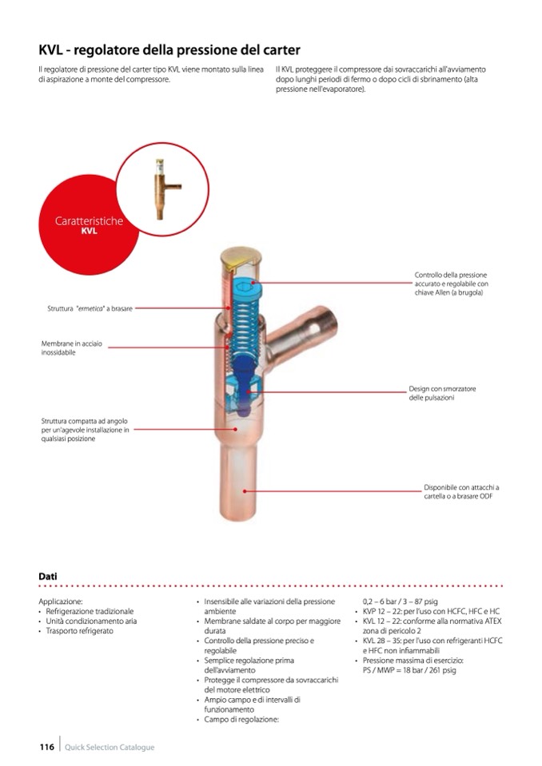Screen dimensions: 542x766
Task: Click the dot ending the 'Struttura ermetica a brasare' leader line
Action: (x=229, y=309)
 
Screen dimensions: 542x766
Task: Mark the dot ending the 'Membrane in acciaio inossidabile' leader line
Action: (x=228, y=347)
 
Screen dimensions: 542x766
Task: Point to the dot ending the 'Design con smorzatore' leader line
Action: (x=249, y=392)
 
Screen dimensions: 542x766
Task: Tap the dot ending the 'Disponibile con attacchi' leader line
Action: (x=245, y=491)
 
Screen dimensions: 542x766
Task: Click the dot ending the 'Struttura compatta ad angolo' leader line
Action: (x=236, y=430)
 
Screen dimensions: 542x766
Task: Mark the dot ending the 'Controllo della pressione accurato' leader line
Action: (x=253, y=283)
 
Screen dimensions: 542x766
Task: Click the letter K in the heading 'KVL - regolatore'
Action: (x=43, y=50)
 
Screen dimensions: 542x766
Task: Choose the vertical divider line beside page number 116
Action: (x=60, y=744)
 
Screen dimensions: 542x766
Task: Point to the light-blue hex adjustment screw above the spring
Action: (x=248, y=288)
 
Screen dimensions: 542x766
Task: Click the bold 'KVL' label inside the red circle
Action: (x=89, y=232)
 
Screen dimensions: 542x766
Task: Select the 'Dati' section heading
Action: (x=48, y=577)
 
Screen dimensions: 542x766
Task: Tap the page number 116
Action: (x=47, y=747)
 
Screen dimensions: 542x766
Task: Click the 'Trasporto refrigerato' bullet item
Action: (x=80, y=631)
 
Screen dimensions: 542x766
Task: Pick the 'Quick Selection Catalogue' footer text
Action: (x=110, y=747)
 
